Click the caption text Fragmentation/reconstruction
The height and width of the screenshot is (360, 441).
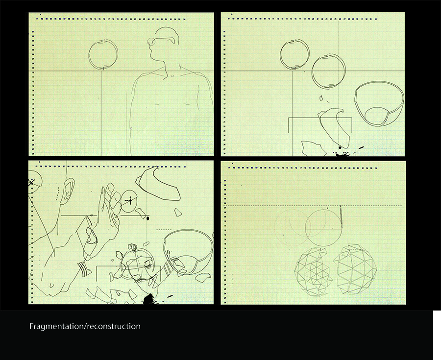pos(85,326)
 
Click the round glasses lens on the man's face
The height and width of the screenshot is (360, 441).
pos(151,42)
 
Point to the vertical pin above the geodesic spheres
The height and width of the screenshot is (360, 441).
pos(341,217)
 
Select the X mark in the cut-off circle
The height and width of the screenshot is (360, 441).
pos(31,183)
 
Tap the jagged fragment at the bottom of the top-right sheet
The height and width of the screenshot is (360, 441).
pos(314,149)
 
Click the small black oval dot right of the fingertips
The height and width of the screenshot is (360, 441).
pos(148,218)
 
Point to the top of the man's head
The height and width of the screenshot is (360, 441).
pos(166,27)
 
